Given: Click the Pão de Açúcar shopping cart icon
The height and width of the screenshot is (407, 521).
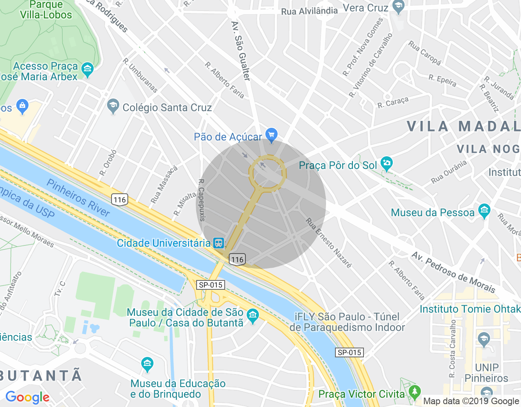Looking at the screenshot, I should (271, 134).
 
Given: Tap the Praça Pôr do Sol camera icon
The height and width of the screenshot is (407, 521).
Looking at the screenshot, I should (386, 164).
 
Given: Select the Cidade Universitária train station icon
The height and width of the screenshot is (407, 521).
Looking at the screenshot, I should (219, 243).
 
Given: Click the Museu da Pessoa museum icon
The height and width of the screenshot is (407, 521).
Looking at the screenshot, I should (484, 211).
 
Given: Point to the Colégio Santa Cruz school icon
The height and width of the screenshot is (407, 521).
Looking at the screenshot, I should (113, 106).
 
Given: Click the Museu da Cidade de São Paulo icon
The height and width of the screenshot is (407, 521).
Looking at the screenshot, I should (253, 315).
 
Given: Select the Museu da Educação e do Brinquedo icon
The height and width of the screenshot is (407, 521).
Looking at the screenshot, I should (147, 363).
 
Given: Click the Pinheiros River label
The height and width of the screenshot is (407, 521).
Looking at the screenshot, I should (78, 198).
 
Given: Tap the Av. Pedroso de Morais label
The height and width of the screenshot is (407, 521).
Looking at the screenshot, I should (453, 272).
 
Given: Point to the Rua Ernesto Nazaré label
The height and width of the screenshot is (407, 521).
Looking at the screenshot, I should (328, 243).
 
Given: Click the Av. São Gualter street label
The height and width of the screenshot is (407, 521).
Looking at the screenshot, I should (241, 51).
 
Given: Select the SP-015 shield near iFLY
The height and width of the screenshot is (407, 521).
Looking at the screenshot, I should (349, 352).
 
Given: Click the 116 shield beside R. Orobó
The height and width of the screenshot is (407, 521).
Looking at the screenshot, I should (120, 199).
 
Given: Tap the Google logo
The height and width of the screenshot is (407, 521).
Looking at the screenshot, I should (28, 397).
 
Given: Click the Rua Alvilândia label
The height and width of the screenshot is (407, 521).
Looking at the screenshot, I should (309, 11).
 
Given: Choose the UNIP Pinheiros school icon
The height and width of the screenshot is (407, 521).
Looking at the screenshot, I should (484, 339).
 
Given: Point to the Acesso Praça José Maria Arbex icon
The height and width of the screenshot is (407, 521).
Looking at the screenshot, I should (88, 70).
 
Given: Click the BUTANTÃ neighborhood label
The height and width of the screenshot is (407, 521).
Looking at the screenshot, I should (41, 375).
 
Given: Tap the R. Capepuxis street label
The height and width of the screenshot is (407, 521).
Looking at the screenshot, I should (201, 200).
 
